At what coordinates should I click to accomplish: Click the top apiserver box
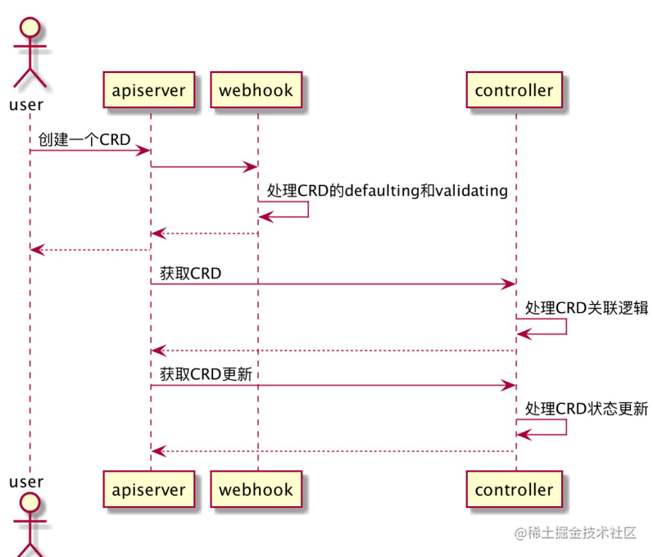click(149, 90)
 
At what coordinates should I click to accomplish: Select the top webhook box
click(256, 90)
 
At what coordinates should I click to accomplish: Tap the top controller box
click(515, 90)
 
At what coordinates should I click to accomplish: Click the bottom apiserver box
click(149, 490)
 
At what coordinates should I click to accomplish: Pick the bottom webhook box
click(256, 490)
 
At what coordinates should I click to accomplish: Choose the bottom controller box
click(515, 490)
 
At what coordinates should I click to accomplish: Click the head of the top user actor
click(30, 28)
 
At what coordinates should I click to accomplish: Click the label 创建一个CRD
click(84, 139)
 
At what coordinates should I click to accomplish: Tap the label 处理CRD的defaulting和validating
click(388, 191)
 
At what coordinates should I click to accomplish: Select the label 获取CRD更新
click(206, 374)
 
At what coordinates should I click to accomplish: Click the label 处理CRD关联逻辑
click(587, 308)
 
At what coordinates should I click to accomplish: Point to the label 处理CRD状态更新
click(587, 409)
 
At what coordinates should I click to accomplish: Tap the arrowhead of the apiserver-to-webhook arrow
click(251, 167)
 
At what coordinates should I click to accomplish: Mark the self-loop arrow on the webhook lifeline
click(308, 210)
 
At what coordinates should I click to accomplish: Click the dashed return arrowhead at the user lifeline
click(37, 250)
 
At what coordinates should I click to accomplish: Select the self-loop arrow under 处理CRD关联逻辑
click(566, 327)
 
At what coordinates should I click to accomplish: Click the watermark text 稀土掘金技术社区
click(582, 533)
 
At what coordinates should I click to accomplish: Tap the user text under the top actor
click(26, 105)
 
